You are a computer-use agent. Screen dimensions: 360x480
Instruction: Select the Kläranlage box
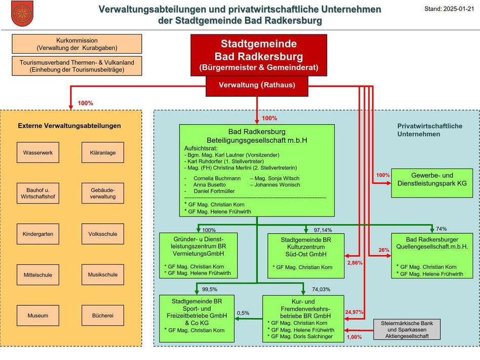point(103,152)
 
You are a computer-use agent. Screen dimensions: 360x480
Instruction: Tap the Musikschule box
point(103,275)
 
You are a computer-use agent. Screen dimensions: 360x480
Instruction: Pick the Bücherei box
point(103,315)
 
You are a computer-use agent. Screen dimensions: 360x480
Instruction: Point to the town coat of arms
point(21,14)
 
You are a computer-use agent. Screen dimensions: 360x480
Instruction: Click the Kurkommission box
point(77,44)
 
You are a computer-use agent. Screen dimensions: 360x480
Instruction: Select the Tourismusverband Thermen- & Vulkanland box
point(77,66)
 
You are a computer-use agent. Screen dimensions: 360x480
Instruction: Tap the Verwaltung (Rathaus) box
point(257,85)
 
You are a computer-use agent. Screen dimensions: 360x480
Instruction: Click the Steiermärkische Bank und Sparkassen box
point(408,330)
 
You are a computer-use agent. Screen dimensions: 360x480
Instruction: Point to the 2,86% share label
point(355,263)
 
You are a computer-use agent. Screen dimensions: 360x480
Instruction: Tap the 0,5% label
point(243,313)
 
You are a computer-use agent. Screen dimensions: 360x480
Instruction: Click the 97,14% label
point(323,230)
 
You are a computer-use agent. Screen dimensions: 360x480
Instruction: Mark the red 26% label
point(384,250)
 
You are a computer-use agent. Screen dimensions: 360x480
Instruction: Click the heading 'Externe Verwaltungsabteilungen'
point(69,126)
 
